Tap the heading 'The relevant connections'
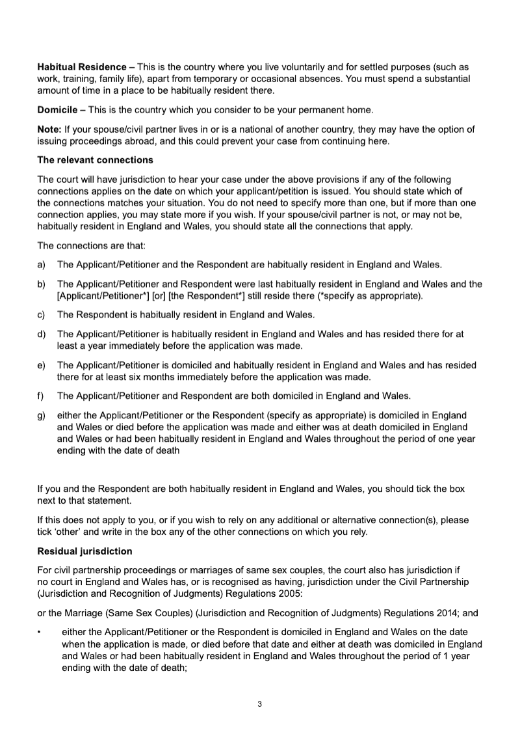95,159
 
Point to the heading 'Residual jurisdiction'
84,551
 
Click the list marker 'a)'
42,265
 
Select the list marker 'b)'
42,284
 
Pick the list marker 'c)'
42,315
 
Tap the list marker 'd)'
42,334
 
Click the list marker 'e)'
42,365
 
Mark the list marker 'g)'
42,415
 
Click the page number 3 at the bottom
259,703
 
